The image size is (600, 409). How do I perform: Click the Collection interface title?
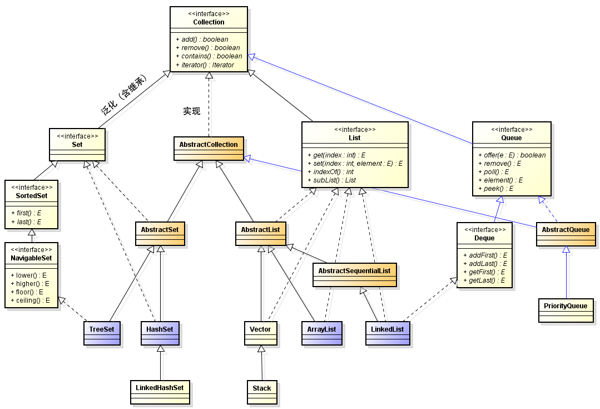pyautogui.click(x=209, y=22)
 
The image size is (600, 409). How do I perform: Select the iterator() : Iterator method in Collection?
pyautogui.click(x=205, y=65)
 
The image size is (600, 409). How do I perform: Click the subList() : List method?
pyautogui.click(x=331, y=180)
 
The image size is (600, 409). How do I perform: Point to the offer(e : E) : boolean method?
pyautogui.click(x=512, y=155)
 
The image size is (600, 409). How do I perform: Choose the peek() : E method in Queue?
pyautogui.click(x=495, y=189)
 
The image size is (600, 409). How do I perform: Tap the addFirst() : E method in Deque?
pyautogui.click(x=483, y=255)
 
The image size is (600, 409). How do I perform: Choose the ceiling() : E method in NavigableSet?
pyautogui.click(x=30, y=300)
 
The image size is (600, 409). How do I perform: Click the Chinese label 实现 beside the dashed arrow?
pyautogui.click(x=191, y=111)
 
